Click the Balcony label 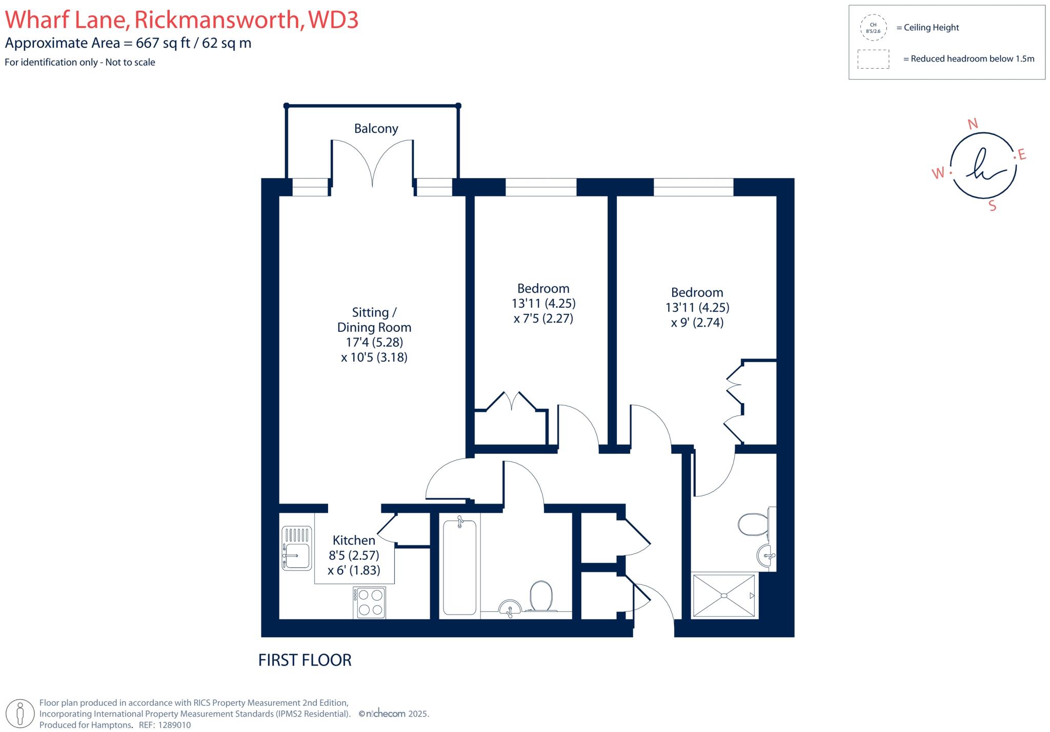tap(376, 128)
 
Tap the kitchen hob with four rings tap(370, 602)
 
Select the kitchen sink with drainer tap(296, 548)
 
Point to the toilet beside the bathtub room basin tap(541, 596)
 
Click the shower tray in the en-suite tap(723, 596)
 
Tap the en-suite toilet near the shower tap(753, 524)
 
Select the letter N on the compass tap(972, 124)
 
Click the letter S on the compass tap(992, 206)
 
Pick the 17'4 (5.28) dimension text tap(374, 342)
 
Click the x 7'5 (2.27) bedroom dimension tap(543, 319)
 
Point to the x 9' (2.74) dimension tap(697, 323)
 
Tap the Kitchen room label tap(354, 540)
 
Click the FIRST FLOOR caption tap(305, 660)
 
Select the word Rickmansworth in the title tap(217, 19)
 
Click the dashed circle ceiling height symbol tap(873, 28)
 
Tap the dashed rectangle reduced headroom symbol tap(873, 59)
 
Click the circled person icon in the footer tap(21, 713)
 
